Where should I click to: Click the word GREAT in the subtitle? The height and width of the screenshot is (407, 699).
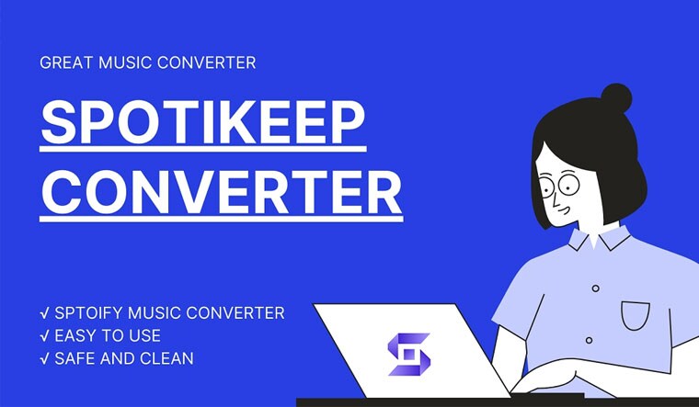[x=66, y=62]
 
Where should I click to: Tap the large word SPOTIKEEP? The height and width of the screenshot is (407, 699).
[x=203, y=122]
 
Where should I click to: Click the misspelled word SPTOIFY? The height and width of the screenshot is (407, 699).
[x=88, y=312]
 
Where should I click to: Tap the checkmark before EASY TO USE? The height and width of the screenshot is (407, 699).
[x=44, y=335]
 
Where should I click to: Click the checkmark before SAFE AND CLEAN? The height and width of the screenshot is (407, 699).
[x=44, y=359]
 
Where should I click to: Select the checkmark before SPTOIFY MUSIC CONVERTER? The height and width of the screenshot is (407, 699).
[x=44, y=313]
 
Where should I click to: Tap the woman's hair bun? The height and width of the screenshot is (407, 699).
[x=616, y=98]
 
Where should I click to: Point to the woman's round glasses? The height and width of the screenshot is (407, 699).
[x=559, y=186]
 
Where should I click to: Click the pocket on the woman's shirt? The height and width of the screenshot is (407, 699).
[x=636, y=316]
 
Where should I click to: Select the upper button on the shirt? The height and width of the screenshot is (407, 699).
[x=596, y=288]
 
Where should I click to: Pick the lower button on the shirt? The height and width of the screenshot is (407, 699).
[x=589, y=341]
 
